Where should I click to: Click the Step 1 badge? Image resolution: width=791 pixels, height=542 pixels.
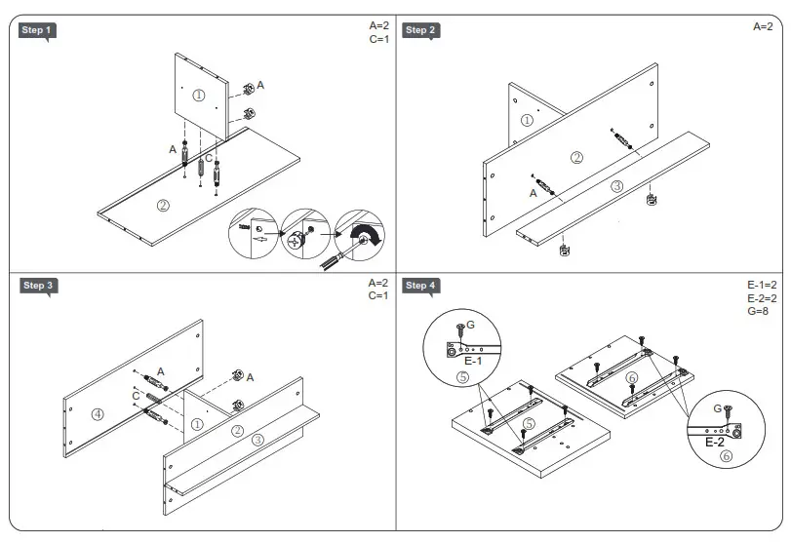37,30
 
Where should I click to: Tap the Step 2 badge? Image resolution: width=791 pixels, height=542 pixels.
420,30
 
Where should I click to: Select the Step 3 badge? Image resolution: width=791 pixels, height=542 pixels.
38,286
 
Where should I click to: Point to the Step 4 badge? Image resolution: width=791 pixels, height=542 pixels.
421,286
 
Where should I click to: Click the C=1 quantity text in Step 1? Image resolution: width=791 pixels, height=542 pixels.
378,40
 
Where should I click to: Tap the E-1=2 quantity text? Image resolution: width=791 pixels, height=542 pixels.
761,286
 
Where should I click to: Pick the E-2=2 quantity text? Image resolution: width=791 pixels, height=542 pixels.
761,298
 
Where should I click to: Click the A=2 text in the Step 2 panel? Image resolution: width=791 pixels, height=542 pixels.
762,27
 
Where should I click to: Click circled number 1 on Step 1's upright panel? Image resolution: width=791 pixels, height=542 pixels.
199,96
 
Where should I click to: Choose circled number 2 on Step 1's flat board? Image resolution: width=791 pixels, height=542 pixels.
163,206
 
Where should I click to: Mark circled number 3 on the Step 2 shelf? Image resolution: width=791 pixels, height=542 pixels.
616,185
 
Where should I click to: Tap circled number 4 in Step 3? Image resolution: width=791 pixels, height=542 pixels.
98,413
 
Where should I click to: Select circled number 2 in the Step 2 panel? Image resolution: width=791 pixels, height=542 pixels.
576,157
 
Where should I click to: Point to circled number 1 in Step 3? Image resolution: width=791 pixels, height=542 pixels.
196,424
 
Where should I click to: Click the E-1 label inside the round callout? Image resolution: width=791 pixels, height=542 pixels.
475,361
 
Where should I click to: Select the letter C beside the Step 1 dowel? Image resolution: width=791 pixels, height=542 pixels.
208,158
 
